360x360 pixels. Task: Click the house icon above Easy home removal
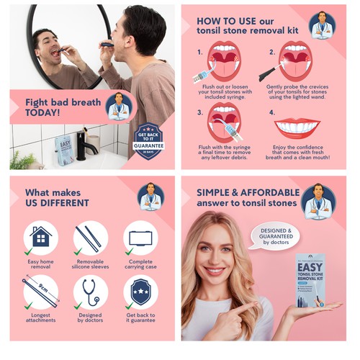coord(41,237)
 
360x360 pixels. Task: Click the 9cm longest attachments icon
coord(41,291)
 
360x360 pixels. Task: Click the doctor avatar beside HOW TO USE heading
coord(322,25)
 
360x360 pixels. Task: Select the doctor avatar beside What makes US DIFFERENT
coord(150,197)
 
